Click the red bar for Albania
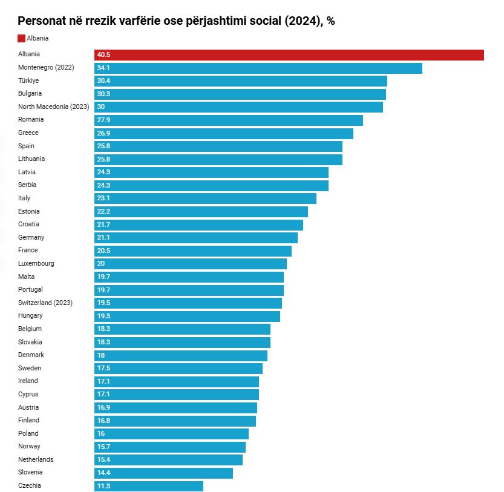(x=289, y=55)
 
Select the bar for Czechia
(x=149, y=486)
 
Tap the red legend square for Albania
(x=22, y=38)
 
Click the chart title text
(x=176, y=21)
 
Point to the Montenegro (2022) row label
(x=46, y=67)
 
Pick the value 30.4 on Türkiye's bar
(x=103, y=81)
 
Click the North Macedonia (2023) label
(x=54, y=107)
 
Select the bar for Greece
(x=224, y=133)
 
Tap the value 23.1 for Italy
(x=103, y=198)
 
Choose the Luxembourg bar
(x=191, y=264)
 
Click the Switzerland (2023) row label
(x=45, y=303)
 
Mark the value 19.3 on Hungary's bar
(x=103, y=317)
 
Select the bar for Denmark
(x=181, y=355)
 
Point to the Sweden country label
(x=29, y=368)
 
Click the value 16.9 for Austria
(x=103, y=408)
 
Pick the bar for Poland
(x=171, y=434)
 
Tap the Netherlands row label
(x=36, y=459)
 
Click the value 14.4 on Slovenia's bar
(x=103, y=473)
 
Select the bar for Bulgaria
(x=240, y=94)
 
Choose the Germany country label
(x=31, y=237)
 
